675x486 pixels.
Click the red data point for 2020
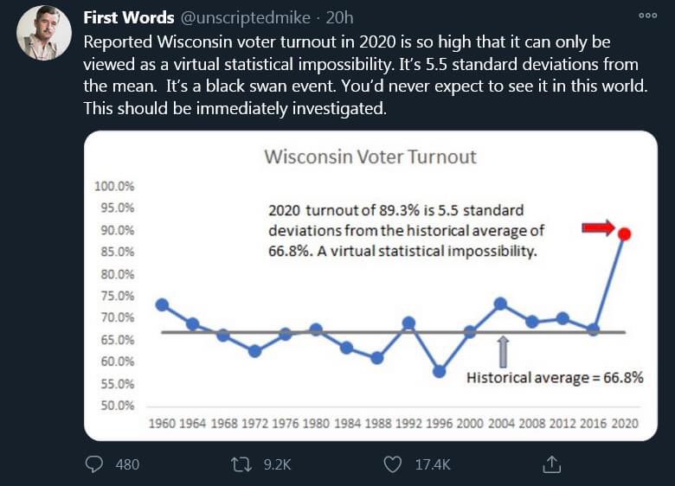coord(625,233)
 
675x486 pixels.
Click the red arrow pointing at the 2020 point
coord(596,227)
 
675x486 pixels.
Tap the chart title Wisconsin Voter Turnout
coord(370,157)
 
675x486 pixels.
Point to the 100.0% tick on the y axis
coord(112,186)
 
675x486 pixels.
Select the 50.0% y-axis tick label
coord(115,406)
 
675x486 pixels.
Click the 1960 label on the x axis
coord(162,424)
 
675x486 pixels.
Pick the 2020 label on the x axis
coord(625,424)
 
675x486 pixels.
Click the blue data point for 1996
coord(440,372)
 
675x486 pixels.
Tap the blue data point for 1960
coord(162,304)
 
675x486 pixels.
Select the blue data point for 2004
coord(500,304)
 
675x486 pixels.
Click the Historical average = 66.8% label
coord(555,377)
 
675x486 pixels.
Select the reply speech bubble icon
coord(94,464)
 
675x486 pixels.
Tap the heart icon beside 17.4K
coord(393,464)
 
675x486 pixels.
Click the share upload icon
coord(551,464)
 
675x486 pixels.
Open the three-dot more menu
coord(647,16)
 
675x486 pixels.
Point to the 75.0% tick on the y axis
coord(115,296)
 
